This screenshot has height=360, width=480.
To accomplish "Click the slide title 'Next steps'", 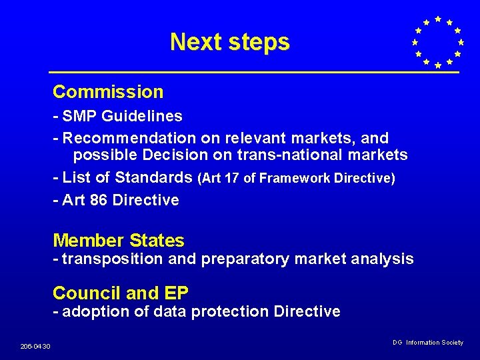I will click(230, 42).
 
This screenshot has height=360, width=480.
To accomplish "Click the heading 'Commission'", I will click(108, 92).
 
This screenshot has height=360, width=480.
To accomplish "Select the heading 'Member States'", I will click(119, 241).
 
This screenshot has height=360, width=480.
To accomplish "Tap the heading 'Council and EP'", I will click(121, 293).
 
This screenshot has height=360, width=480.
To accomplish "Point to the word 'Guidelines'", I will click(151, 116).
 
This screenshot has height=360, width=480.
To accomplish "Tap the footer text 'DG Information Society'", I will click(428, 343).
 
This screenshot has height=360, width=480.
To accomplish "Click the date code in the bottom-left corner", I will click(36, 346).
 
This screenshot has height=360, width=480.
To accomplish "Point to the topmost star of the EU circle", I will click(437, 19).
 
